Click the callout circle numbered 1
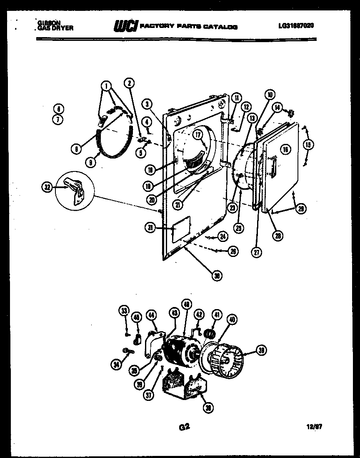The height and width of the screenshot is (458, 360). (x=107, y=87)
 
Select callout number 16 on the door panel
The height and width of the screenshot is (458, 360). (x=285, y=149)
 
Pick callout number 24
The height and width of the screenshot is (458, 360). (x=223, y=237)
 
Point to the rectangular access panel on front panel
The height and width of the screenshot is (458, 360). (x=182, y=228)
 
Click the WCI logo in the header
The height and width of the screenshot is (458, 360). (x=125, y=26)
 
